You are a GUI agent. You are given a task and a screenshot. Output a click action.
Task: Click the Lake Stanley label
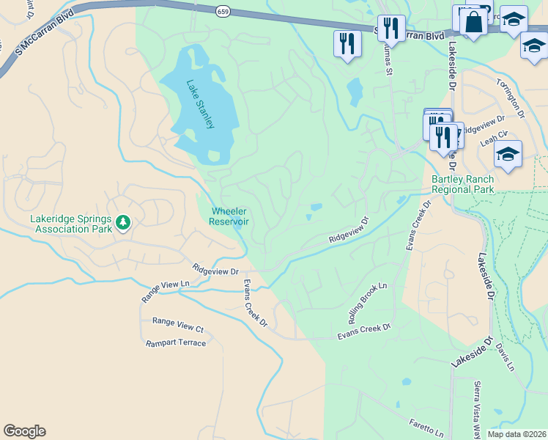click(199, 104)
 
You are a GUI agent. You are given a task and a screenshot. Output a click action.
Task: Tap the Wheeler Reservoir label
click(229, 216)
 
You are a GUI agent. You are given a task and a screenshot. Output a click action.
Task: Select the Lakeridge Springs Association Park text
click(71, 223)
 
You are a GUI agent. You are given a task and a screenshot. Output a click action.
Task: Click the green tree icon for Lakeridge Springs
click(123, 222)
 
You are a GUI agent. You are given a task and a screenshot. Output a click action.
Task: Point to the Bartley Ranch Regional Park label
click(462, 184)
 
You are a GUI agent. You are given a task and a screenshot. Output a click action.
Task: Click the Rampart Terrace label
click(176, 342)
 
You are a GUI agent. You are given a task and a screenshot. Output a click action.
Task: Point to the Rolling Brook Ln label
click(367, 304)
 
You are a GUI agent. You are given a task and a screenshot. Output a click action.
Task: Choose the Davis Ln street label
click(505, 356)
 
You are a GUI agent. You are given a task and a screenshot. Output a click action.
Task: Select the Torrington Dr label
click(511, 99)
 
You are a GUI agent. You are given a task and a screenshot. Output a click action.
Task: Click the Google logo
click(24, 431)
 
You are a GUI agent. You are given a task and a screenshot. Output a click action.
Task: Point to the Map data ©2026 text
click(516, 434)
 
